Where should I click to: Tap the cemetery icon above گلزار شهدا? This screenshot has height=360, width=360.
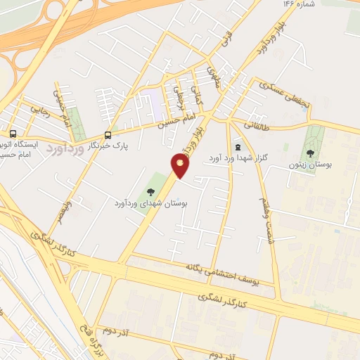coord(237,148)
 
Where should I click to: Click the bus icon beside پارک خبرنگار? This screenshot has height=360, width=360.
coord(107,136)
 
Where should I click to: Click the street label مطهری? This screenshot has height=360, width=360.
coord(212,75)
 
